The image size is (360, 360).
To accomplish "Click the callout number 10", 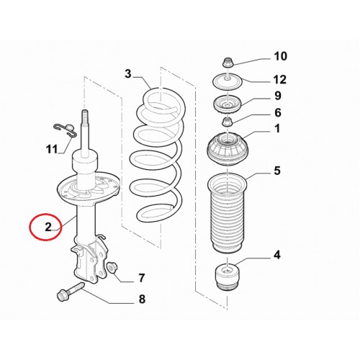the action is [x=280, y=56].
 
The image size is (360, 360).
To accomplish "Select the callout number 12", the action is [x=280, y=79].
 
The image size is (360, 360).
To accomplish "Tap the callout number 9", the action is [x=278, y=96].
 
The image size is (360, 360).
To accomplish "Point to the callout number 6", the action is [x=278, y=112].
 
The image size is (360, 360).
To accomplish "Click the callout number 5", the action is [x=277, y=171].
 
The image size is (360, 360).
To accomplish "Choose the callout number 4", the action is [x=277, y=255].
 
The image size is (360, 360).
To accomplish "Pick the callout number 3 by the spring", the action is [x=128, y=73].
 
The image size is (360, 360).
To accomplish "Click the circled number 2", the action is [x=48, y=227].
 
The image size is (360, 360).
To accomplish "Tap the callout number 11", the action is [x=52, y=149].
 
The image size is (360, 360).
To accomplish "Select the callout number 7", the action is [x=142, y=278].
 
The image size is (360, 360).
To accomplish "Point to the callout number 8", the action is [x=142, y=299].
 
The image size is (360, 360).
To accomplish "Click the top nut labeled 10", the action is [x=226, y=62].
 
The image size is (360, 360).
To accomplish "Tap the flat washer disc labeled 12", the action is [x=228, y=81].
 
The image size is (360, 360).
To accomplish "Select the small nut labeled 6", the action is [x=228, y=122].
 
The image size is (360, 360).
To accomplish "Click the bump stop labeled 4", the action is [x=227, y=277].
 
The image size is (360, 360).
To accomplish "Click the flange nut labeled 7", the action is [x=112, y=268].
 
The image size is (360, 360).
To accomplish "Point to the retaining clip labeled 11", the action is [x=65, y=130].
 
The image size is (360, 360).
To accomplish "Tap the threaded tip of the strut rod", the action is [x=84, y=114].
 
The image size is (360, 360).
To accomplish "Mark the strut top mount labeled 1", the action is [x=228, y=149].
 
